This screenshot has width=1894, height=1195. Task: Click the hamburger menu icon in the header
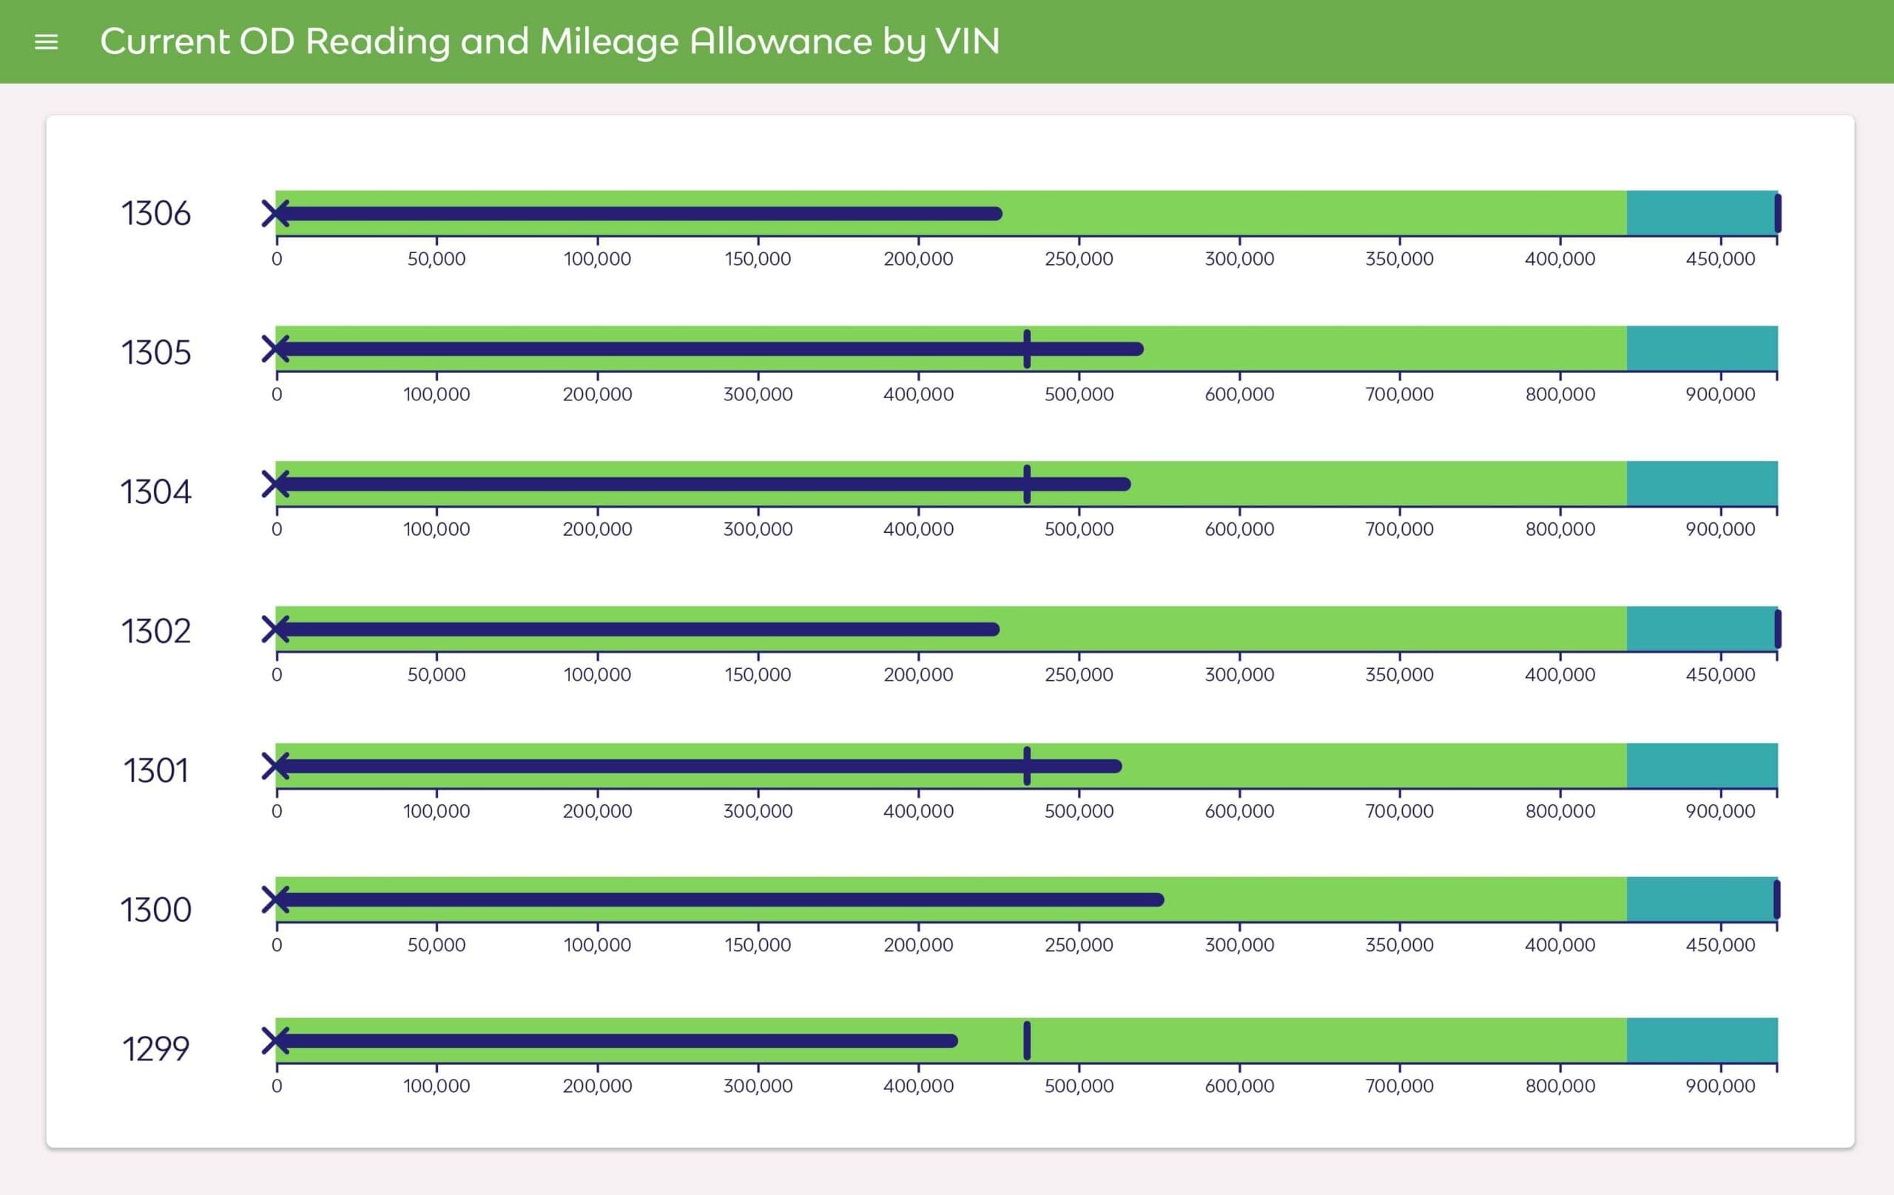(x=47, y=41)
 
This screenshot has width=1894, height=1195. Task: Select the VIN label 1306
(x=155, y=214)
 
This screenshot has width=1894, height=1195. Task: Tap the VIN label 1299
(x=155, y=1048)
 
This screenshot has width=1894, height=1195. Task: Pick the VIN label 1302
(x=155, y=631)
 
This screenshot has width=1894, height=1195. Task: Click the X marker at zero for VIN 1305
(x=275, y=349)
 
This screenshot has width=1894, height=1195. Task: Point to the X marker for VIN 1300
(x=275, y=899)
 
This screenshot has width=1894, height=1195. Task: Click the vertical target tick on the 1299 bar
(x=1026, y=1040)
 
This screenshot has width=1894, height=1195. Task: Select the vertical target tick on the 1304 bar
(x=1026, y=484)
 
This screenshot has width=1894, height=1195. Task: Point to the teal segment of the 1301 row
(x=1702, y=765)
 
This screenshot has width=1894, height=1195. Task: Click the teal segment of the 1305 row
(x=1702, y=349)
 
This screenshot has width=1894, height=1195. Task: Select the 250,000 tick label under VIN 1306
(x=1079, y=259)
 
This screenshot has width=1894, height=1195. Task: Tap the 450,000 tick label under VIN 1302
(x=1719, y=675)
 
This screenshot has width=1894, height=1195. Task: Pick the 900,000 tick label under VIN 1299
(x=1719, y=1085)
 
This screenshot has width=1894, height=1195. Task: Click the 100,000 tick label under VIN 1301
(x=437, y=811)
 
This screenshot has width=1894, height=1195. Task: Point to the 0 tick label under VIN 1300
(x=277, y=945)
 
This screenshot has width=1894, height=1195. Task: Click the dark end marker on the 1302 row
(x=1778, y=630)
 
